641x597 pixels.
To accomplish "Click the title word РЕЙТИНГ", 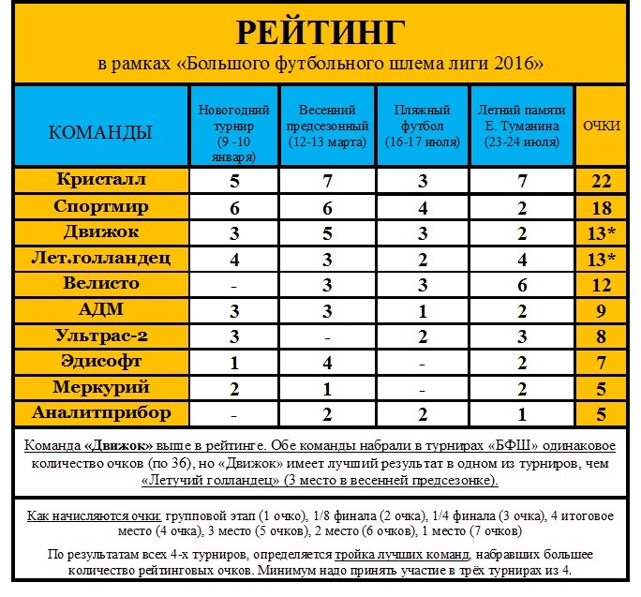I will (x=320, y=33).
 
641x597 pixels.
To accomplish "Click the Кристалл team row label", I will (x=100, y=179).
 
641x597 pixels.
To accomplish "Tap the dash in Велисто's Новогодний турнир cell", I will (x=234, y=284).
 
